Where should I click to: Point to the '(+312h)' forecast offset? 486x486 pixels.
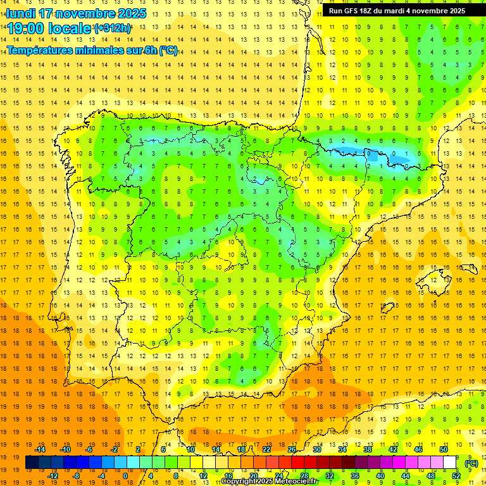click(x=113, y=28)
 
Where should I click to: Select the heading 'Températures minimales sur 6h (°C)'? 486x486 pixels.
click(x=92, y=51)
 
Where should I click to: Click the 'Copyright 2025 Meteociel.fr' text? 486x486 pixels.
click(x=269, y=481)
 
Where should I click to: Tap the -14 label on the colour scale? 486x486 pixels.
click(x=40, y=449)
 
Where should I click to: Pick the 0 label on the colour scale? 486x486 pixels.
click(x=125, y=476)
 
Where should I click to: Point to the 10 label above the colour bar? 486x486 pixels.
click(x=190, y=449)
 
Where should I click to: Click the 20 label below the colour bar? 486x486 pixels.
click(x=253, y=476)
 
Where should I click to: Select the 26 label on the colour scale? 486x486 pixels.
click(x=292, y=449)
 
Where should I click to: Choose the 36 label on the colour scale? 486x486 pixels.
click(x=354, y=476)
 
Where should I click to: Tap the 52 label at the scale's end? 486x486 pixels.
click(x=456, y=476)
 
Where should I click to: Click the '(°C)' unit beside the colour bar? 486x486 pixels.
click(x=471, y=463)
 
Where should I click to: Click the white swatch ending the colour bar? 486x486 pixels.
click(x=450, y=463)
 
